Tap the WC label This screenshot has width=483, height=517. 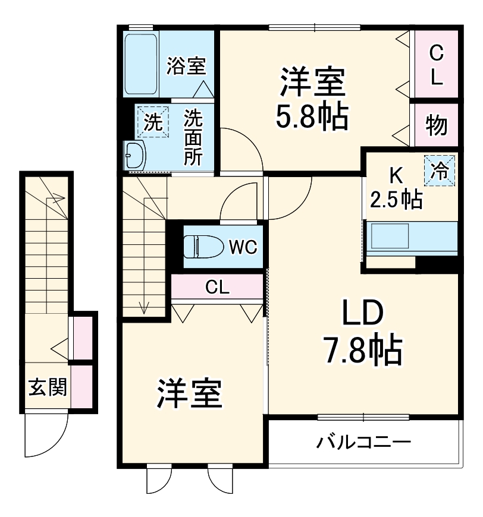tap(242, 247)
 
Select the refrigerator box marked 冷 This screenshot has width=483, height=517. tap(440, 171)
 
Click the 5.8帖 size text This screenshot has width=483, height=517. tap(311, 118)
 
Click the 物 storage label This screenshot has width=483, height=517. tap(436, 125)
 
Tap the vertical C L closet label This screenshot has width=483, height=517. tap(436, 65)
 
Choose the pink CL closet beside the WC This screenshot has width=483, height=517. tap(218, 288)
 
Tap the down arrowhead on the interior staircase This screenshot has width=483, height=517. tap(143, 308)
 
